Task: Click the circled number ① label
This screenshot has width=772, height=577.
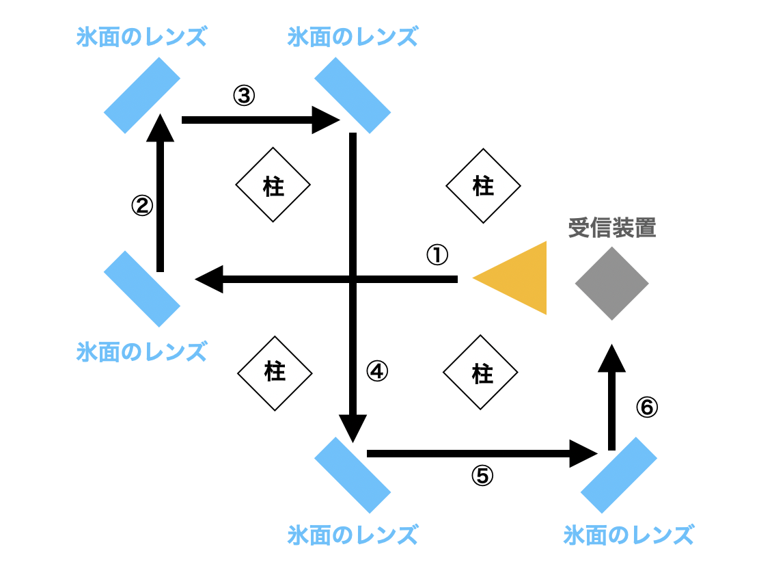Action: point(437,255)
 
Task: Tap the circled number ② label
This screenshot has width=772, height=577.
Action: point(141,205)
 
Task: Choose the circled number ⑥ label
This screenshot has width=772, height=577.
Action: point(646,407)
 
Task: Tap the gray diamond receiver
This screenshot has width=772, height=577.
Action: point(611,282)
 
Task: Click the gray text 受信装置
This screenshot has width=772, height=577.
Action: point(611,228)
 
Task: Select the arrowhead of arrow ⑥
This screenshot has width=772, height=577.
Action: point(612,358)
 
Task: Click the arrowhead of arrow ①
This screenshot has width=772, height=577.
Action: point(208,279)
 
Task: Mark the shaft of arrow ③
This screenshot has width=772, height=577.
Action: point(246,120)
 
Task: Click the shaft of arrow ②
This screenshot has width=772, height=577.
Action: point(161,205)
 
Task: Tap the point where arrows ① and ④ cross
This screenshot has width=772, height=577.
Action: point(353,279)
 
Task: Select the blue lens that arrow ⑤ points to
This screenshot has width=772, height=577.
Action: point(619,474)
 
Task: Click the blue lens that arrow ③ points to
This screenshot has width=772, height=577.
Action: point(353,95)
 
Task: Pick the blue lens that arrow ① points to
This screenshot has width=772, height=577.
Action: point(142,288)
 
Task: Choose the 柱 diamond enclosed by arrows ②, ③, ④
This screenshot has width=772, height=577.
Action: point(273,185)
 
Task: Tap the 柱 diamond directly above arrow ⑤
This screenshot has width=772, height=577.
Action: point(480,373)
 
